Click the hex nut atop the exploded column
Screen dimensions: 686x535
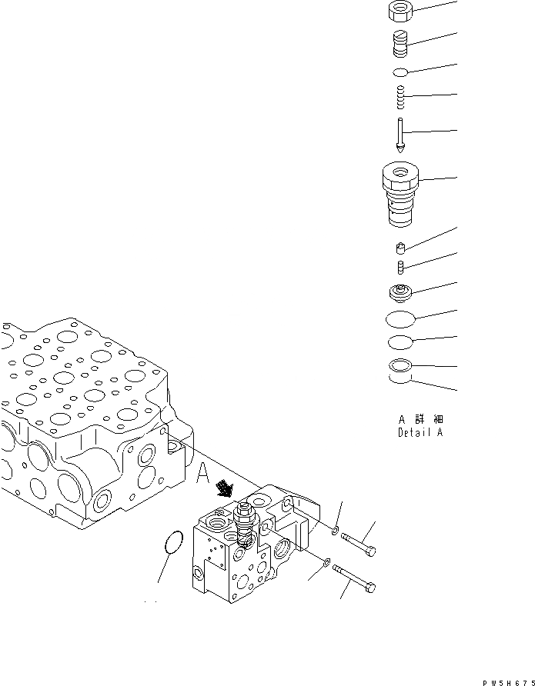(x=400, y=12)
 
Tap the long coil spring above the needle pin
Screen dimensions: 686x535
(x=400, y=98)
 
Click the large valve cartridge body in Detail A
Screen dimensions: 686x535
(x=401, y=194)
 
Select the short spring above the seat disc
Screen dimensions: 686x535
(x=401, y=267)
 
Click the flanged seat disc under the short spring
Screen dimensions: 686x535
(x=401, y=292)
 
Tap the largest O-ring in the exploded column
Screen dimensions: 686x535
(x=401, y=317)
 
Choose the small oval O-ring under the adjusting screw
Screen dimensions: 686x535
(x=400, y=72)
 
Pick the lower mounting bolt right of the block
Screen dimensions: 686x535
(x=354, y=581)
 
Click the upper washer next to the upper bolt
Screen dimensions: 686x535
(x=336, y=531)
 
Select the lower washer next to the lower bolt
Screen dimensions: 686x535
(x=328, y=562)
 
